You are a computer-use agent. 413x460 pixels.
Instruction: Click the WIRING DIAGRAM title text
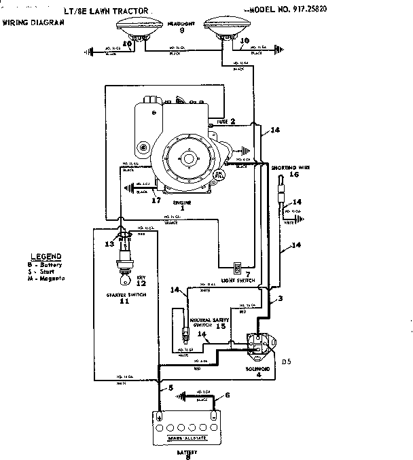34,22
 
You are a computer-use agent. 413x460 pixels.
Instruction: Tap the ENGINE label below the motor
181,204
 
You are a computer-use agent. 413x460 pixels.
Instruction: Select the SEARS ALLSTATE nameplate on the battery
185,438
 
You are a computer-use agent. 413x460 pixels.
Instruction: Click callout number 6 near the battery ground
227,395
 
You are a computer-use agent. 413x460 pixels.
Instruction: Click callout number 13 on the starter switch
109,243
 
